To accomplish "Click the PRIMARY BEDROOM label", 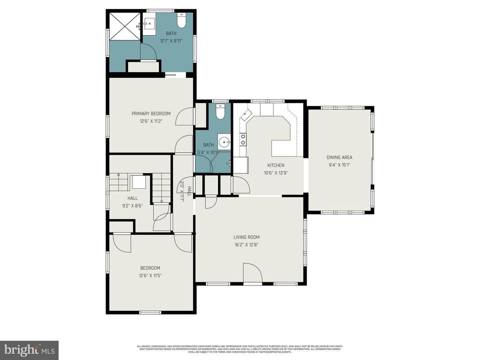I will pyautogui.click(x=151, y=113).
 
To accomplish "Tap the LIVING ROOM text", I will pyautogui.click(x=247, y=237).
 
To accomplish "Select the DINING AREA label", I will pyautogui.click(x=339, y=157).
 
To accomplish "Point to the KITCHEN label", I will pyautogui.click(x=276, y=165).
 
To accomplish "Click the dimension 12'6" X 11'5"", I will pyautogui.click(x=150, y=276).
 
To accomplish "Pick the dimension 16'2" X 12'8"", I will pyautogui.click(x=247, y=245).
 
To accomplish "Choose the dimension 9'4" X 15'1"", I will pyautogui.click(x=339, y=165).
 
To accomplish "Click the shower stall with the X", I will pyautogui.click(x=125, y=27).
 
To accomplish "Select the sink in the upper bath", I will pyautogui.click(x=150, y=23).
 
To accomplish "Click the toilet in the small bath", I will pyautogui.click(x=220, y=112).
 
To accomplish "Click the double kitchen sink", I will pyautogui.click(x=243, y=139).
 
